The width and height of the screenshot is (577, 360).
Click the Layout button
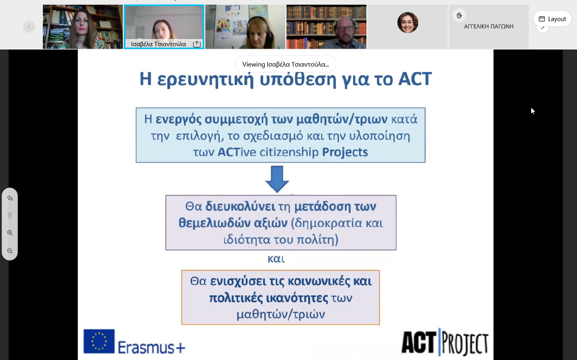tap(552, 19)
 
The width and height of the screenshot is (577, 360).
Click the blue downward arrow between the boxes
tap(277, 179)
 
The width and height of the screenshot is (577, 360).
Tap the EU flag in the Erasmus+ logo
tap(99, 341)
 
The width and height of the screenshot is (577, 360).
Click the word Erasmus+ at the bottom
tap(151, 347)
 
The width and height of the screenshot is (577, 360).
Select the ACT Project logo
tap(445, 343)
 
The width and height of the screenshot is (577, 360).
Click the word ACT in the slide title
tap(415, 79)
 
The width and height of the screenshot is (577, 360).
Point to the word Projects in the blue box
tap(345, 152)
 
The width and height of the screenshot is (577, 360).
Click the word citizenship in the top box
tap(289, 152)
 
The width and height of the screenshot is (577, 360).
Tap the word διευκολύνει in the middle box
tap(240, 207)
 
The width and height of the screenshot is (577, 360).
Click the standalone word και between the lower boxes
tap(276, 259)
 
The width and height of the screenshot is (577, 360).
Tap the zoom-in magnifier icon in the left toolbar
tap(10, 233)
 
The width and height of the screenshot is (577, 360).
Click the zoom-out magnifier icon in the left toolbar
tap(10, 251)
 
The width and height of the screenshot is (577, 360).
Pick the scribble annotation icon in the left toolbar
tap(10, 198)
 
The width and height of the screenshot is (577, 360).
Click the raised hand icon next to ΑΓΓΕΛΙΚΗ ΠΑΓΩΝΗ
tap(459, 15)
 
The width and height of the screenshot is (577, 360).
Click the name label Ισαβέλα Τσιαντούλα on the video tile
tap(158, 44)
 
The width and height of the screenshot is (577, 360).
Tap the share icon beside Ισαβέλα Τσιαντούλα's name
tap(197, 44)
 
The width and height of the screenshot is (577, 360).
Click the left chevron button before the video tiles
tap(29, 27)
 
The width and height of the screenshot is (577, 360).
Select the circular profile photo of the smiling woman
tap(408, 22)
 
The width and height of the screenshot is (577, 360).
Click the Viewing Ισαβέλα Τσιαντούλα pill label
tap(286, 64)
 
